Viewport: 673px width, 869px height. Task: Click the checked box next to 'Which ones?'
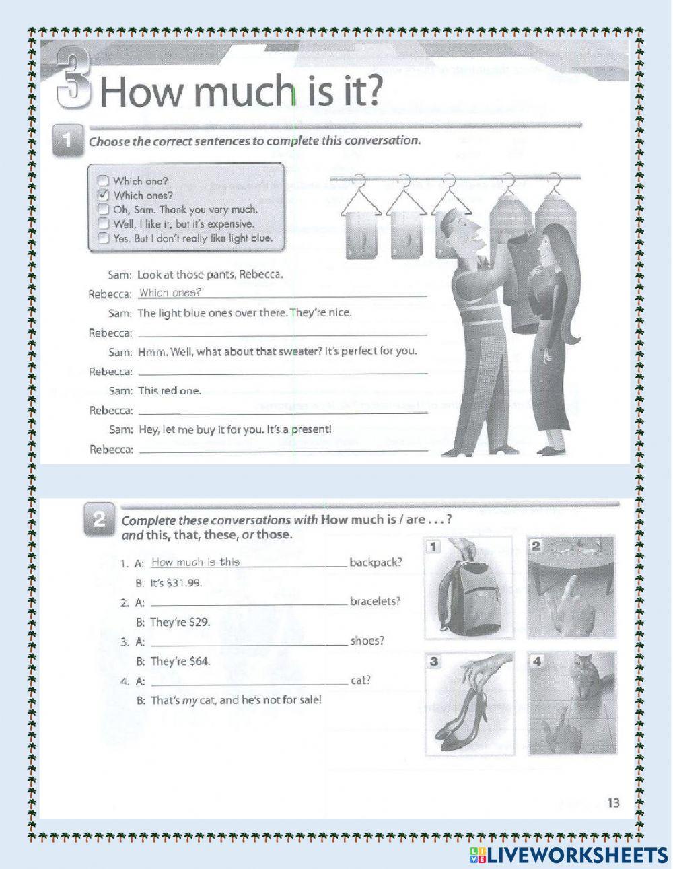(103, 195)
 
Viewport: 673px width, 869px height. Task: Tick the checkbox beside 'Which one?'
(103, 180)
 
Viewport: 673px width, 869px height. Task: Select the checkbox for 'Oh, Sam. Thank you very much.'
(103, 209)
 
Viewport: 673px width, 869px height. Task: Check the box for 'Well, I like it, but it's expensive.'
(103, 223)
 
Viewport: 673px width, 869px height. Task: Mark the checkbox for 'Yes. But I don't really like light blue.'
(103, 238)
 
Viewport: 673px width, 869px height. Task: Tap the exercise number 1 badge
(67, 141)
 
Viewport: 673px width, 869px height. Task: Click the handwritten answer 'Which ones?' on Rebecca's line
(170, 292)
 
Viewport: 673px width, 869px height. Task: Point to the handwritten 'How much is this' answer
(196, 562)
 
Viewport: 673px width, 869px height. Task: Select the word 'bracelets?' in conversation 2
(375, 601)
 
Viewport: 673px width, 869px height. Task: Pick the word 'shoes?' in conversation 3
(367, 640)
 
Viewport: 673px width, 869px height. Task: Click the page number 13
(612, 802)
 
